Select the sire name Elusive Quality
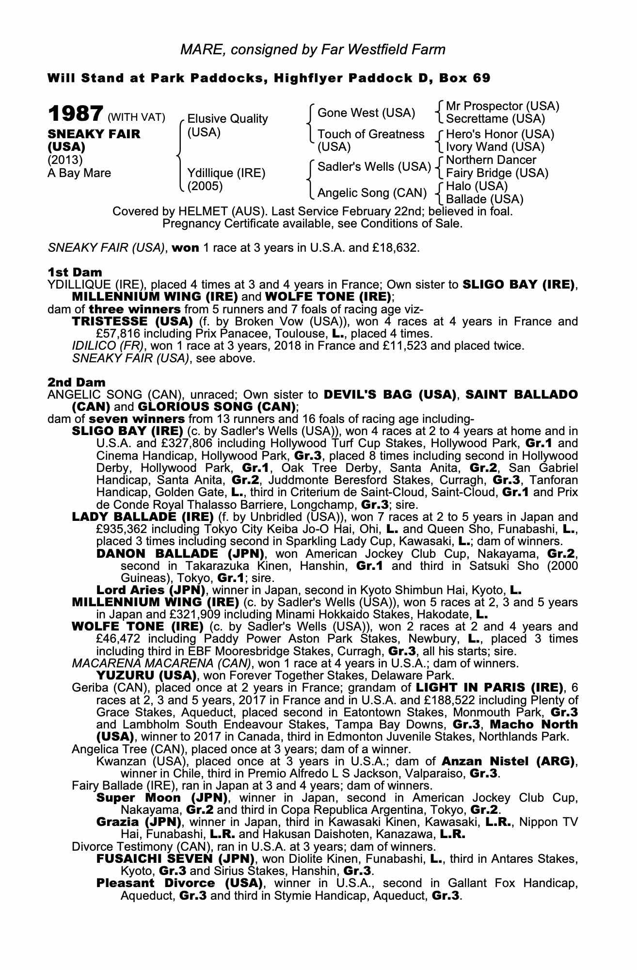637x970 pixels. click(x=227, y=119)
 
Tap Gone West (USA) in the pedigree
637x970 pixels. click(x=366, y=113)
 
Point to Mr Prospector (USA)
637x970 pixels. click(x=502, y=106)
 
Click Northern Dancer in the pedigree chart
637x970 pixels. click(x=491, y=160)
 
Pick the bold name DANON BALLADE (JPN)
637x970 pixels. click(x=180, y=554)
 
